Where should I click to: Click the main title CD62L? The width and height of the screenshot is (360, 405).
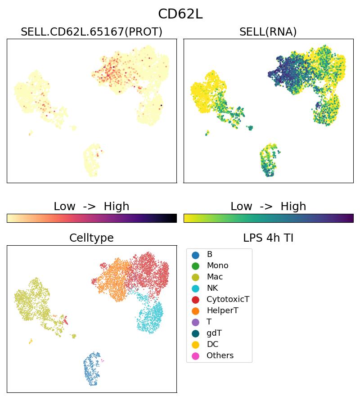coord(180,14)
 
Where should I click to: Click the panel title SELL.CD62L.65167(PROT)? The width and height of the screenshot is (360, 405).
coord(91,32)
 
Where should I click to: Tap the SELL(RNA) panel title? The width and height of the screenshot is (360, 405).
coord(268,32)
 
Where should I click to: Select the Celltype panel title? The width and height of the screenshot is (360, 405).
coord(91,238)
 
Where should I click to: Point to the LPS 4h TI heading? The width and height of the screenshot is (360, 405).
coord(268,238)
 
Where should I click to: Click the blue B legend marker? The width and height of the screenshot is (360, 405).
coord(195,255)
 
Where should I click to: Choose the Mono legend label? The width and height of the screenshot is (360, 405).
coord(217,265)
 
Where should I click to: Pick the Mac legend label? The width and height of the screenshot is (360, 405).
coord(215,277)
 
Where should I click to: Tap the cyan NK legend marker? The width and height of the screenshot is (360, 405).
coord(195,288)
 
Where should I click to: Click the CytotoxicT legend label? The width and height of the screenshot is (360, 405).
coord(228,299)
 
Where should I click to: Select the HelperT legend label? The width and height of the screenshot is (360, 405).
coord(222,310)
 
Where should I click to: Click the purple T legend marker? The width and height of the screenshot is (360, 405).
coord(195,322)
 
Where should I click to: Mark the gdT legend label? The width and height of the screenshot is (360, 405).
coord(214,333)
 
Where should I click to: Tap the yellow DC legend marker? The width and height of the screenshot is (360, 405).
coord(195,344)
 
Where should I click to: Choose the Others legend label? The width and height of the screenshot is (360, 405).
coord(220,355)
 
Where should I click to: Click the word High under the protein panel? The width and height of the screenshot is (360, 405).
coord(116,207)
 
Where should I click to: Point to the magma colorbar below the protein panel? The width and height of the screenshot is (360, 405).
coord(91,218)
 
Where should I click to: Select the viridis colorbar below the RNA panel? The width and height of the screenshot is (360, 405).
coord(268,218)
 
